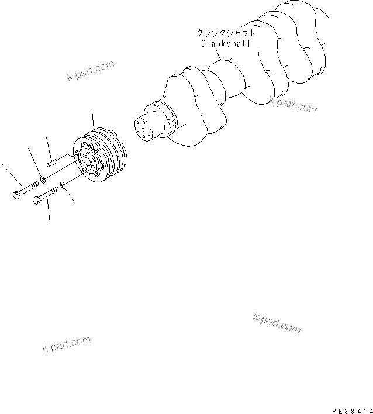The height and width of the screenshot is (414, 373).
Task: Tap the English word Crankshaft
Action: click(x=217, y=43)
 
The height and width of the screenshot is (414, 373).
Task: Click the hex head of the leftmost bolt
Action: click(x=16, y=195)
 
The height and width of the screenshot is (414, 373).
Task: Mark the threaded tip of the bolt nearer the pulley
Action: click(x=57, y=188)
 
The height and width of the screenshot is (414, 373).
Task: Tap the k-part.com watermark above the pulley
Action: click(x=89, y=71)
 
